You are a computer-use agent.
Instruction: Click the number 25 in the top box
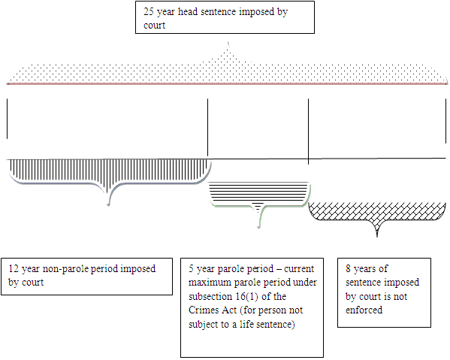click(149, 12)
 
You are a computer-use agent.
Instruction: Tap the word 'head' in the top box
click(188, 12)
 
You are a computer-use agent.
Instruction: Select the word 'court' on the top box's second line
click(155, 26)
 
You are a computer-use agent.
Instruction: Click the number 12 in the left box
click(14, 269)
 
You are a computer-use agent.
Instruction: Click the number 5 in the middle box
click(191, 269)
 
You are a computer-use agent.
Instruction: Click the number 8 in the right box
click(348, 269)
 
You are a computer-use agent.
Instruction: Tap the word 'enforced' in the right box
click(364, 310)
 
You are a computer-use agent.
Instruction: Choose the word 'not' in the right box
click(400, 297)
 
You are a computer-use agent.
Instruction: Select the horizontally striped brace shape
click(259, 198)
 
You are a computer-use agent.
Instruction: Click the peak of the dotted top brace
click(228, 42)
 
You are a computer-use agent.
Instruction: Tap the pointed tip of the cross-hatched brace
click(377, 237)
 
